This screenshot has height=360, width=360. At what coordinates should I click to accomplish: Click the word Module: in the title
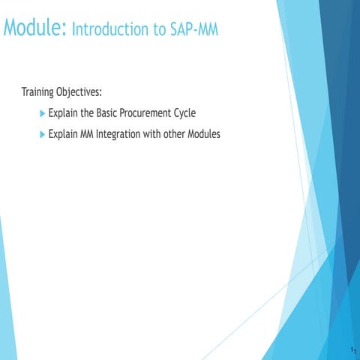34,29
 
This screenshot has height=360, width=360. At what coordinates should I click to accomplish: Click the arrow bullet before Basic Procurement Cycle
41,113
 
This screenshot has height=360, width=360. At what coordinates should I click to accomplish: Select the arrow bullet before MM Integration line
41,135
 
